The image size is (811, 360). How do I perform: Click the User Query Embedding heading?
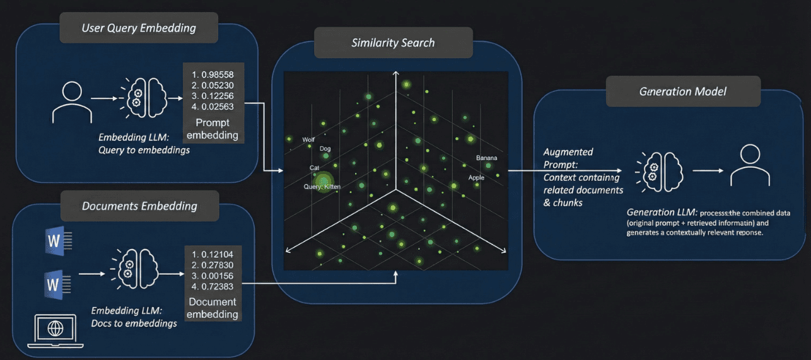coord(138,28)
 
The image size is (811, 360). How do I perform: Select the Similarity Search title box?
coord(393,43)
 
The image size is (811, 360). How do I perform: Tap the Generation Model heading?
coord(682,91)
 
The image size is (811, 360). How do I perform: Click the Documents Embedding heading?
coord(139,206)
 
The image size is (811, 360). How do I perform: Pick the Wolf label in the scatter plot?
coord(308,140)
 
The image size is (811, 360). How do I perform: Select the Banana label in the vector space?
coord(486,158)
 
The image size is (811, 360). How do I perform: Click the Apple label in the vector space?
coord(476,178)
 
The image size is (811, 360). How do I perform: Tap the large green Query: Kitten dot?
coord(325,182)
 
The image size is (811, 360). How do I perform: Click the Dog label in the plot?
coord(325,149)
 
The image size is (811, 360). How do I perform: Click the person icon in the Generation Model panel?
coord(750,165)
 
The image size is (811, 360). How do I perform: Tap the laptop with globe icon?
coord(55,331)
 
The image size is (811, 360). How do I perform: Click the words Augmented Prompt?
coord(568,158)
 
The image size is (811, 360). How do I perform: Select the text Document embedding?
coord(213,308)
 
